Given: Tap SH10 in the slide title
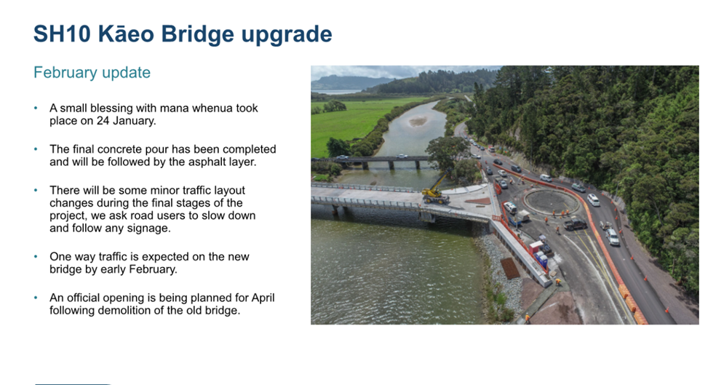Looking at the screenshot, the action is tap(63, 34).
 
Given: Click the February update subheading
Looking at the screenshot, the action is tap(92, 72).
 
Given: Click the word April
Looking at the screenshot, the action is tap(263, 298).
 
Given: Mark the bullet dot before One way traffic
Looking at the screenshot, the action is tap(36, 257).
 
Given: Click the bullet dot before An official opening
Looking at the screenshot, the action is tap(36, 298).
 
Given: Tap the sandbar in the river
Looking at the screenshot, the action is tap(418, 121).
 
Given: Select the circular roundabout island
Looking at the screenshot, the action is tap(551, 202).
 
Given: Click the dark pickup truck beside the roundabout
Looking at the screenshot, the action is tap(574, 223).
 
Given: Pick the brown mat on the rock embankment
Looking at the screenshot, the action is tap(510, 269).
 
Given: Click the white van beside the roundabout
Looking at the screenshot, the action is tap(510, 208).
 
